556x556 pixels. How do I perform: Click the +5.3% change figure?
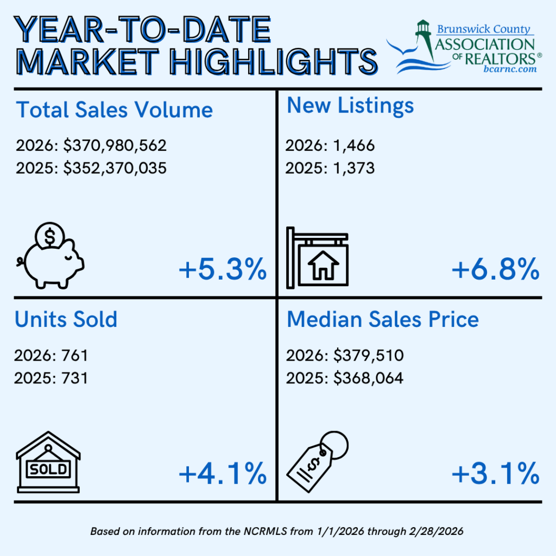coord(223,270)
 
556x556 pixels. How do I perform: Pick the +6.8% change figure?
coord(495,270)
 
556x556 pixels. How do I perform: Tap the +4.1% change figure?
coord(223,473)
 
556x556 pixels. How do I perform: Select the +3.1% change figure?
coord(495,473)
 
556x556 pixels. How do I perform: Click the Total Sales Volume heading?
coord(114,110)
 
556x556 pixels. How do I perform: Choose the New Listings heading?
coord(350,105)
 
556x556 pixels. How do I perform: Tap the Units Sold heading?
coord(66,319)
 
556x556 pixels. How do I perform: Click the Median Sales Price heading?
coord(383,319)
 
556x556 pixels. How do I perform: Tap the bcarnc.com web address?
coord(510,69)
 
